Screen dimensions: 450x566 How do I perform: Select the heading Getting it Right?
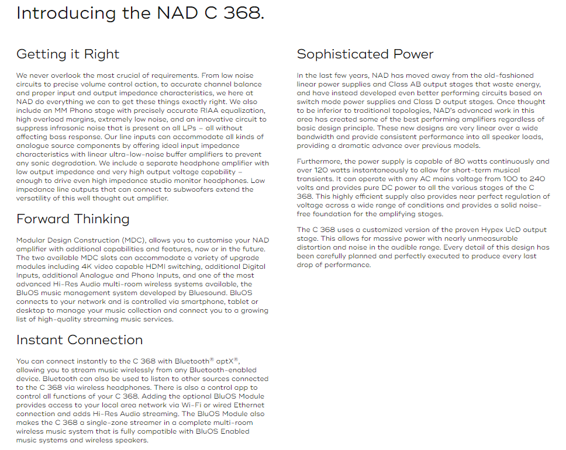[68, 54]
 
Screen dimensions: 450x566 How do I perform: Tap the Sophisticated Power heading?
[365, 54]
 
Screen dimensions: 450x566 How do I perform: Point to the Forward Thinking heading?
[73, 219]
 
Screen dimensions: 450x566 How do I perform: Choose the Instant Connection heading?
[80, 340]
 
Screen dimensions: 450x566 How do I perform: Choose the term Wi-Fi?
[175, 405]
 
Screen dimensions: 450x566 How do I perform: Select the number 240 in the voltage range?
[540, 179]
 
